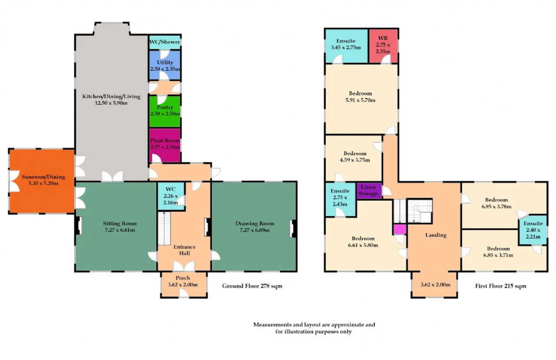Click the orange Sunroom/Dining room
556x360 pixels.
42,181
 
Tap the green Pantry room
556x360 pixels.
165,111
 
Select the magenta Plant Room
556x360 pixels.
165,145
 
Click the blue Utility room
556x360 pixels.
165,65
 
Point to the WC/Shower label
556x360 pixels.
165,42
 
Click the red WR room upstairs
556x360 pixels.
383,46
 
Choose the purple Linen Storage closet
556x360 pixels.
369,191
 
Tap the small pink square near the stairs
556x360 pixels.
400,229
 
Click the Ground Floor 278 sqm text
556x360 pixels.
252,286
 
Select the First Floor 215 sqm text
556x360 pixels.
501,286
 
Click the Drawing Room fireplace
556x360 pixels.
293,229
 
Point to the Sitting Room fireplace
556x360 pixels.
79,225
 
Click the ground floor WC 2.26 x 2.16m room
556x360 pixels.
171,196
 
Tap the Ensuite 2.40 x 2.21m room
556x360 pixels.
533,230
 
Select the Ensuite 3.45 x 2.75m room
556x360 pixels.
346,46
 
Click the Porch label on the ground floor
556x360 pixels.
183,278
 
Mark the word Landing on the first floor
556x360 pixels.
436,235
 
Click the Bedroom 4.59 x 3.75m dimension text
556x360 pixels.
355,160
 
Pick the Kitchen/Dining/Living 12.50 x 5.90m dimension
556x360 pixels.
111,103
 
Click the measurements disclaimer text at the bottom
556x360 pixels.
314,328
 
